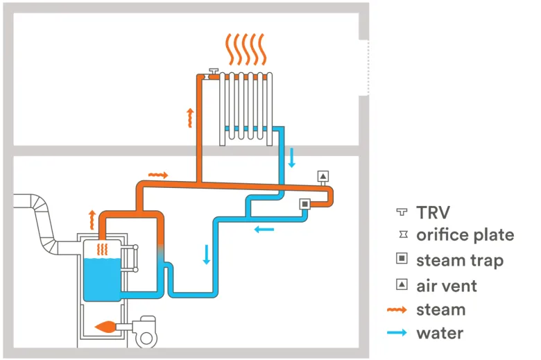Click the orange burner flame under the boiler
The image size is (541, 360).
(108, 325)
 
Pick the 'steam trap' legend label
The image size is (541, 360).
(460, 260)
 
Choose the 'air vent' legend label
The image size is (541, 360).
(447, 285)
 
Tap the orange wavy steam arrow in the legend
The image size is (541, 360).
(401, 309)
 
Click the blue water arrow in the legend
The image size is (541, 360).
(401, 334)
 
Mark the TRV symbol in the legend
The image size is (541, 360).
(401, 212)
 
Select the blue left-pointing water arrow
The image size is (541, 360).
(263, 229)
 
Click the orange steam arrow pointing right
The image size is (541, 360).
(158, 175)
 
